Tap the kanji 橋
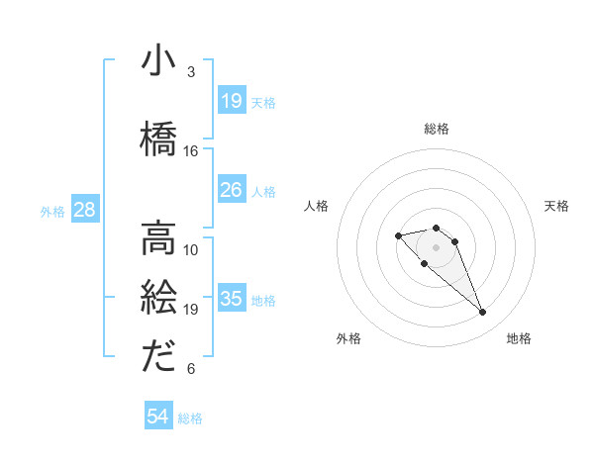tap(158, 138)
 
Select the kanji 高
tap(158, 237)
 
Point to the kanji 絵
tap(158, 298)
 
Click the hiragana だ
tap(158, 357)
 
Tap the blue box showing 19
tap(232, 101)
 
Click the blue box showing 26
tap(232, 190)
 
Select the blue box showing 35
tap(232, 299)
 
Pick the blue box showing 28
tap(84, 210)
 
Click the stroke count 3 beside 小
tap(191, 72)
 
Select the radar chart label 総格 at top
tap(436, 129)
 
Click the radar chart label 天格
tap(556, 206)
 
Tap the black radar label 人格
tap(317, 206)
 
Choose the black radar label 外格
tap(348, 338)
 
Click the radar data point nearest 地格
tap(482, 313)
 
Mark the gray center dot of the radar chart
tap(436, 246)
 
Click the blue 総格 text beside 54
tap(190, 418)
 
